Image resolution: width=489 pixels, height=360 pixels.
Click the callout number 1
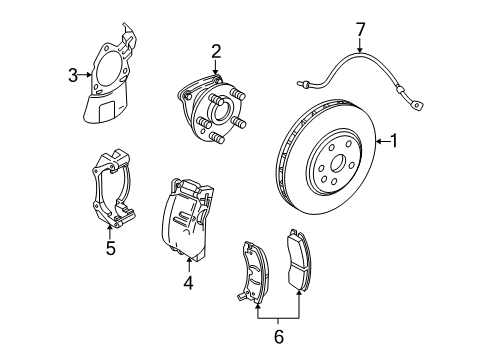coord(394,141)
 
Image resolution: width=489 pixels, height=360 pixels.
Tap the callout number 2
coord(216,52)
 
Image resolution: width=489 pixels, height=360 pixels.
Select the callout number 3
coord(73,75)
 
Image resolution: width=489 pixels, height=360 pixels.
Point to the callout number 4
coord(188,283)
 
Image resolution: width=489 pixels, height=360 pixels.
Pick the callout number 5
coord(111,248)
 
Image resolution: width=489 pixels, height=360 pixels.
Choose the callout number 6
coord(279,336)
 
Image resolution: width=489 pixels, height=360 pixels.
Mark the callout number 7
coord(360,29)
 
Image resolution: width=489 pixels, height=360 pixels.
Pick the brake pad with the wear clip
coord(254,272)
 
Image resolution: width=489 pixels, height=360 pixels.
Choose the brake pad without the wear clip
coord(299,259)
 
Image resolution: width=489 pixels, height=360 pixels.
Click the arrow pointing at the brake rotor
coord(383,142)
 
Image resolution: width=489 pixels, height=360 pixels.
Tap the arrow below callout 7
coord(360,45)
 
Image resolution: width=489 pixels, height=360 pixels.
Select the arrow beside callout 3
coord(85,75)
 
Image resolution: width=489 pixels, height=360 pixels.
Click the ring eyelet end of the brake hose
coord(416,105)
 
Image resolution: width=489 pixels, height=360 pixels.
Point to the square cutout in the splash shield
coord(107,112)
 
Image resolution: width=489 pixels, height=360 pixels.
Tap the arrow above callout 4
coord(189,266)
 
